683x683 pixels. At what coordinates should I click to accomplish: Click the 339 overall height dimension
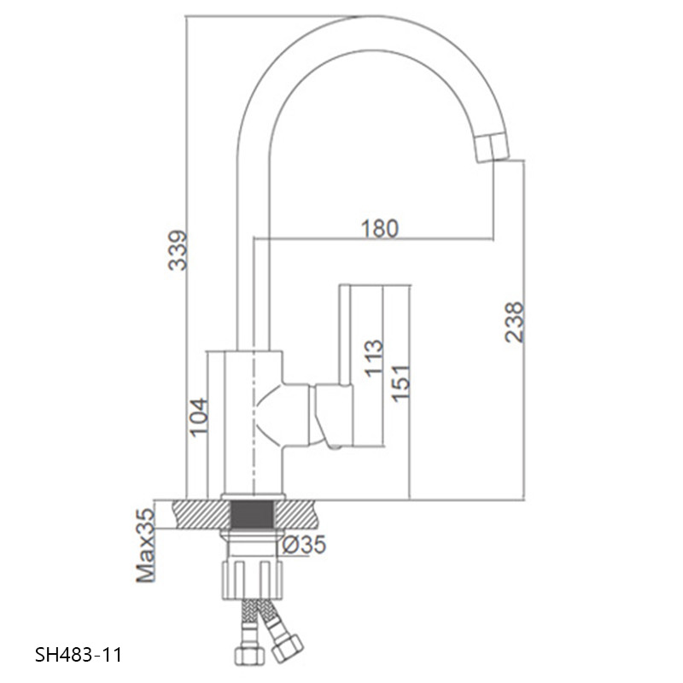(178, 250)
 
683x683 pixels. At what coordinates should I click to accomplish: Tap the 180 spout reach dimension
(380, 229)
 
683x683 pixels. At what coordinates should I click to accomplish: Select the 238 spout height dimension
(514, 322)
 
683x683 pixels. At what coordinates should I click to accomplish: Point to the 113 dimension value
(374, 358)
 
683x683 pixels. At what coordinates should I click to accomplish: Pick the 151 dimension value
(400, 382)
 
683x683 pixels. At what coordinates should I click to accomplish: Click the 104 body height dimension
(198, 417)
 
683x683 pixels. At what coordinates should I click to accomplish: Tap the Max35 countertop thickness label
(145, 546)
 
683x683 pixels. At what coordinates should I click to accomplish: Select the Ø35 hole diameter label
(304, 545)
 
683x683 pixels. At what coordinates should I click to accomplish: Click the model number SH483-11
(79, 655)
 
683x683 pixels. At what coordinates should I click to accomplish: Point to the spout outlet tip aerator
(493, 148)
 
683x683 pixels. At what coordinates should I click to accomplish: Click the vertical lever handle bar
(345, 335)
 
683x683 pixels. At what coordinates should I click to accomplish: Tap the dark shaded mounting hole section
(252, 515)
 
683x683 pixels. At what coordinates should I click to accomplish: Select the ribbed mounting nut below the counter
(253, 581)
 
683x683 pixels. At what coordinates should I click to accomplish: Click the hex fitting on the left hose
(248, 656)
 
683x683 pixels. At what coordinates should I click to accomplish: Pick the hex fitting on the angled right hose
(287, 649)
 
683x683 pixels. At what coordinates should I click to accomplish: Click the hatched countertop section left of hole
(201, 515)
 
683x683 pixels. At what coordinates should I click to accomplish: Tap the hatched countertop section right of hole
(296, 515)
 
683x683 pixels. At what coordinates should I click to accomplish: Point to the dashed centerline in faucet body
(253, 422)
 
